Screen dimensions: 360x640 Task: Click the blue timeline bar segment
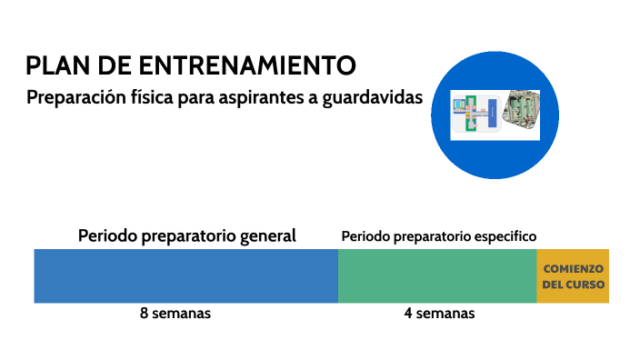[x=185, y=275]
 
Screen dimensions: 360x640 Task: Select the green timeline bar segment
[x=436, y=275]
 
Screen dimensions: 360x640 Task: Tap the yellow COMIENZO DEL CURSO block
[x=573, y=275]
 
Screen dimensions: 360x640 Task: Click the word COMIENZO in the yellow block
[x=573, y=268]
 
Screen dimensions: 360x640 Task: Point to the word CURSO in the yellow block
[x=585, y=285]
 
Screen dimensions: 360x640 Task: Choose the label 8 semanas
[x=175, y=314]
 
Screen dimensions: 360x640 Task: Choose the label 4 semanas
[x=439, y=314]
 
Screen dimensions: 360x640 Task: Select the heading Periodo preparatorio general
[x=187, y=235]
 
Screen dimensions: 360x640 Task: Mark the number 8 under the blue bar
[x=145, y=314]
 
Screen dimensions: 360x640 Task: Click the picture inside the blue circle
[x=496, y=115]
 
